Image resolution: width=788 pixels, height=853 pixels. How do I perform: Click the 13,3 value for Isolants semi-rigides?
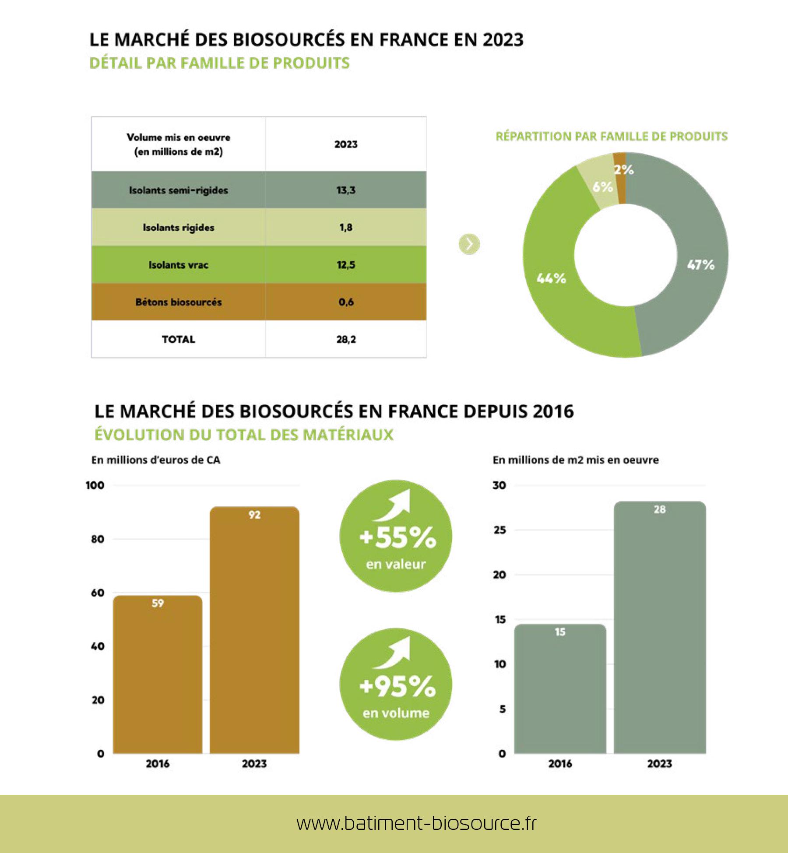pos(346,190)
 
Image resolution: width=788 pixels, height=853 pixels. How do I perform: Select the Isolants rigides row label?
pos(178,228)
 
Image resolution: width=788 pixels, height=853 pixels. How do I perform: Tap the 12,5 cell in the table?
pos(346,265)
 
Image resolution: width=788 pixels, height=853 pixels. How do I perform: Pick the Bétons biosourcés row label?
pos(178,302)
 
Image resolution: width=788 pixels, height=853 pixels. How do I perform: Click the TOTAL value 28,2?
pos(346,339)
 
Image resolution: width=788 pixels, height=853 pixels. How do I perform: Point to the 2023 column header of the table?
pos(346,144)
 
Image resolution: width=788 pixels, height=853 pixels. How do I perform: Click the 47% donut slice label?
pos(701,265)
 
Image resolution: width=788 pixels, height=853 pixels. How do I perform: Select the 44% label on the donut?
pos(551,278)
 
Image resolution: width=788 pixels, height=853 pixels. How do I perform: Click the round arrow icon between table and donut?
pos(469,244)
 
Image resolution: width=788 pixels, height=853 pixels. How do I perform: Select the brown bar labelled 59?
pos(158,674)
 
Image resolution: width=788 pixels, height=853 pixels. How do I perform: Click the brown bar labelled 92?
pos(254,630)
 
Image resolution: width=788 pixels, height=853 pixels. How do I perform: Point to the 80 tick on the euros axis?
pos(98,539)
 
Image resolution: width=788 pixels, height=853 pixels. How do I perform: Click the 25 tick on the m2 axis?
pos(500,530)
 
